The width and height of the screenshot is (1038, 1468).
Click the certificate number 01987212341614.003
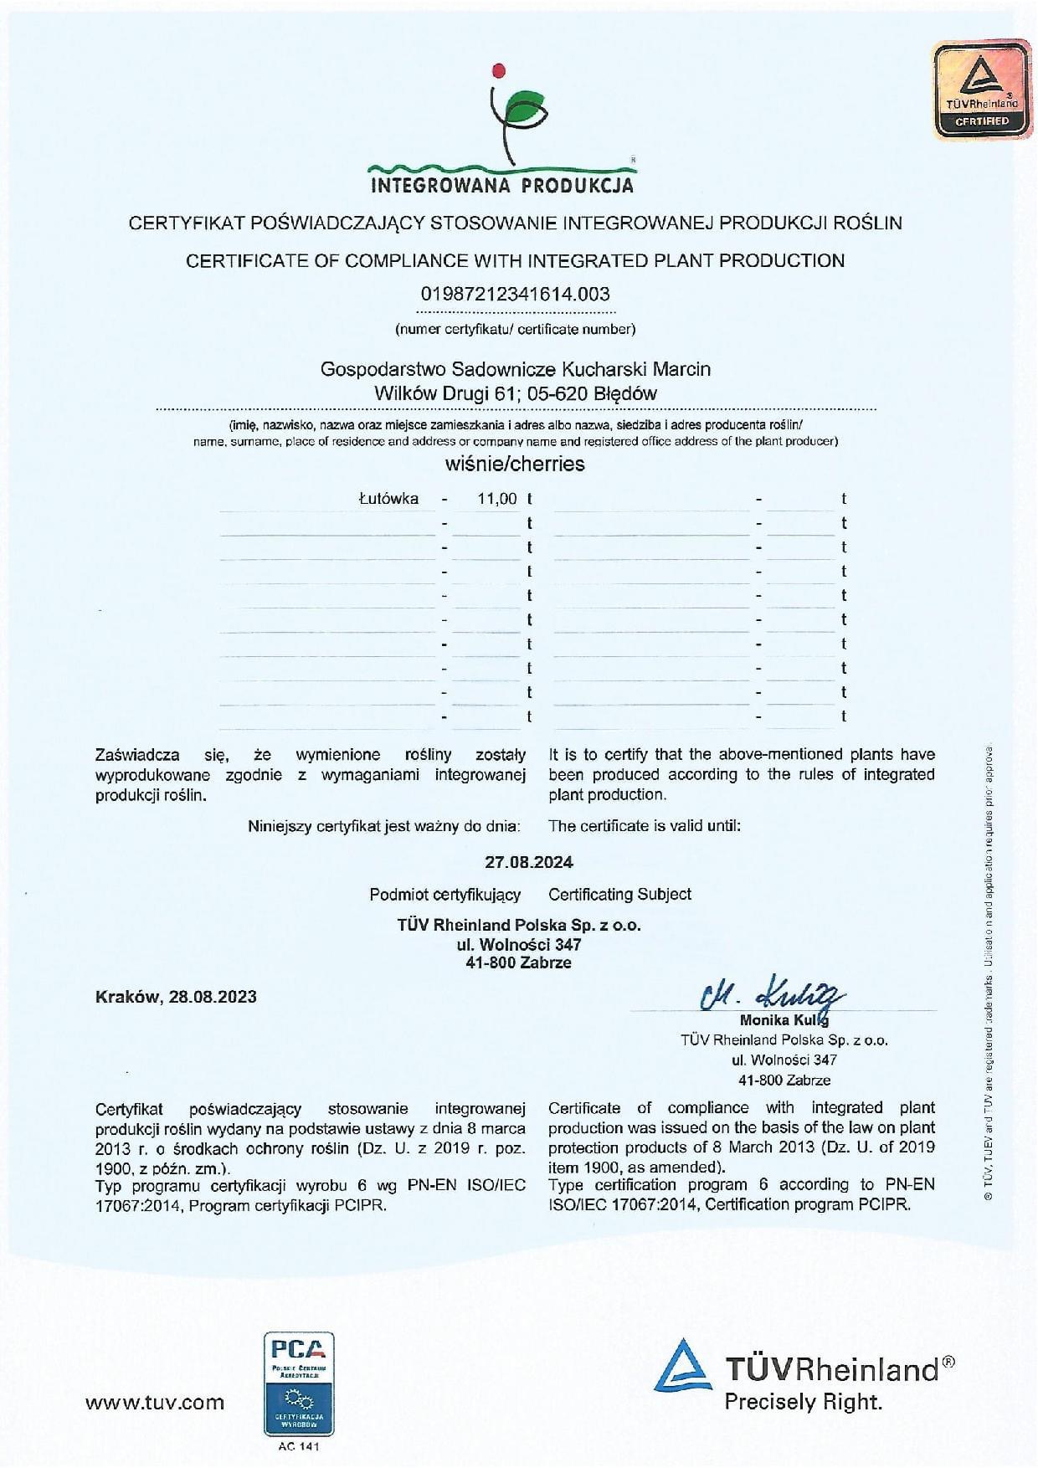click(x=515, y=295)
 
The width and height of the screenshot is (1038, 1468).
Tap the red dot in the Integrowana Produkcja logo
click(x=501, y=69)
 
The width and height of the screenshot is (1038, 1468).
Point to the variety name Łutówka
click(x=388, y=499)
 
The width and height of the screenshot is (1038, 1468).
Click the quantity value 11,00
click(x=497, y=499)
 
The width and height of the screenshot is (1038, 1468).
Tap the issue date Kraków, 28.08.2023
click(x=176, y=997)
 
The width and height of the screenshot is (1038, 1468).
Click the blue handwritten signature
click(x=770, y=994)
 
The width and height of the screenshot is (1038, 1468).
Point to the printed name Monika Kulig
click(x=784, y=1020)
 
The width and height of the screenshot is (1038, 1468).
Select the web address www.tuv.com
click(x=155, y=1403)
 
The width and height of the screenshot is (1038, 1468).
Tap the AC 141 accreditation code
click(x=298, y=1447)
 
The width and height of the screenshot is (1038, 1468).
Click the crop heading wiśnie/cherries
click(x=515, y=464)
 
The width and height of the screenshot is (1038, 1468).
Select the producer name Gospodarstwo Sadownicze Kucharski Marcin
click(x=515, y=368)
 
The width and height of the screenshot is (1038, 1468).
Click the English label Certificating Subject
click(x=619, y=895)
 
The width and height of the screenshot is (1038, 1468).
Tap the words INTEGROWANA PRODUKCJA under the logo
click(x=502, y=185)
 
